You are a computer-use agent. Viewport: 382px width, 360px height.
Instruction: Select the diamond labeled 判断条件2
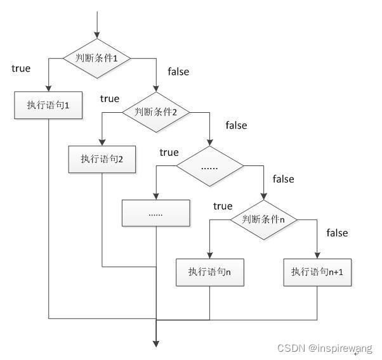155,112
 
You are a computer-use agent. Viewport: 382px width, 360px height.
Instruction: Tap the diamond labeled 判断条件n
263,219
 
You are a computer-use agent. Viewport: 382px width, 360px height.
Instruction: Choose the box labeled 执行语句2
102,158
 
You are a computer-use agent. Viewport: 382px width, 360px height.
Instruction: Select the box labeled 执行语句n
209,272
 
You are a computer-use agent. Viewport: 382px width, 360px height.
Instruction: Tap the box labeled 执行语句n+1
317,272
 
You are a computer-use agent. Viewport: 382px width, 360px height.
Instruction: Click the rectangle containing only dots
155,213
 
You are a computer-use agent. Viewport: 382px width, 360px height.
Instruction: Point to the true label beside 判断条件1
21,68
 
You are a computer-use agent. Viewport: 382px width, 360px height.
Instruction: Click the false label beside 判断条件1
178,72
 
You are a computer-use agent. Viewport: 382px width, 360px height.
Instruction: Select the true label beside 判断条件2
109,98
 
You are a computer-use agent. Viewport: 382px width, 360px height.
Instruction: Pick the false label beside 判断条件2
235,125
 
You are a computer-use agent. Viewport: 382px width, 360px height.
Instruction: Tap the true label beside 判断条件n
223,206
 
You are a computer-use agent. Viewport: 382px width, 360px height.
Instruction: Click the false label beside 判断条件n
337,233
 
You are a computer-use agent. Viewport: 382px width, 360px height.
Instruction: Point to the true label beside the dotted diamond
169,152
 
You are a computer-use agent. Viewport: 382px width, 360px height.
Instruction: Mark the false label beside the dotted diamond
283,179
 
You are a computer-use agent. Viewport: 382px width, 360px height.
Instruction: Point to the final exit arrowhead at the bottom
155,344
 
